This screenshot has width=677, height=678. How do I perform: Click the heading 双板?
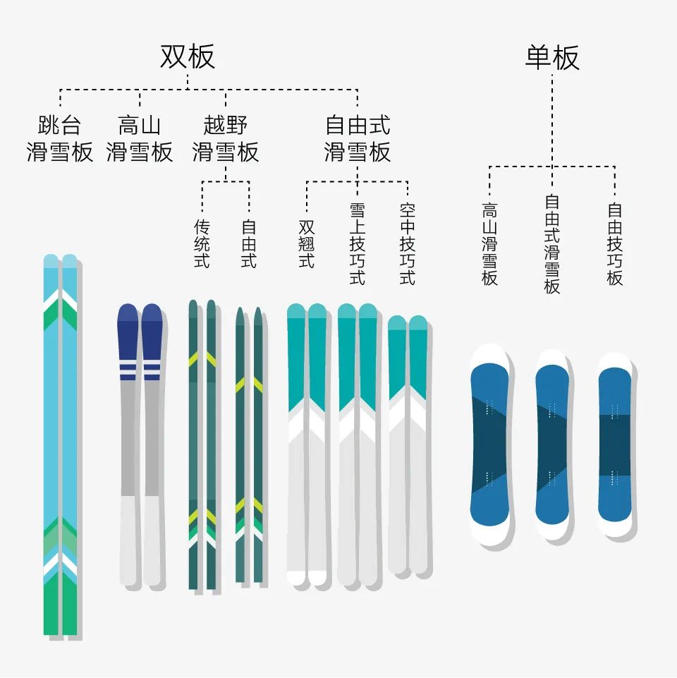point(187,57)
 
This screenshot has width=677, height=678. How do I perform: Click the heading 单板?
point(551,57)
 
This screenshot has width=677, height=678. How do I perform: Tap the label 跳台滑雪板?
point(60,139)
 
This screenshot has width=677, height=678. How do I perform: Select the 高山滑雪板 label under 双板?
point(140,139)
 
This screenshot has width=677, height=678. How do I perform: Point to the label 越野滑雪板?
point(226,139)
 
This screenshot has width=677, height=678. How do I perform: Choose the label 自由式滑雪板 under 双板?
point(358,139)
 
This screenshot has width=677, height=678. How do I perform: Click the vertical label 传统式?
point(202,243)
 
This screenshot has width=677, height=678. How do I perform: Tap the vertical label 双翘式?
point(306,243)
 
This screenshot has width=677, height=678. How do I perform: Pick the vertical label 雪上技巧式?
point(358,243)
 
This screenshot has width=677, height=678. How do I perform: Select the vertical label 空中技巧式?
point(408,243)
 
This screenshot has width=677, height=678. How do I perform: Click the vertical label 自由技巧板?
point(615,243)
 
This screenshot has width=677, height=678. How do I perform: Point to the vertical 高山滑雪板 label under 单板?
point(489,243)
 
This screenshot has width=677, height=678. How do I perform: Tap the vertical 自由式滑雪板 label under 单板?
point(552,243)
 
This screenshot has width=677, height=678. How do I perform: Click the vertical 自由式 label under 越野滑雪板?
point(249,243)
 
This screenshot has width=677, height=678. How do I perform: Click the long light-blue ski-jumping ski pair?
point(60,444)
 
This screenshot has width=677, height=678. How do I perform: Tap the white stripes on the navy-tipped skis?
point(140,368)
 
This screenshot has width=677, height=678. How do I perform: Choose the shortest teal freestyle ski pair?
point(408,444)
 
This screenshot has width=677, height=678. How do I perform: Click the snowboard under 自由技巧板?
point(615,444)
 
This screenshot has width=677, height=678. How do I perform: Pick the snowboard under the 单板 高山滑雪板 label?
point(489,444)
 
